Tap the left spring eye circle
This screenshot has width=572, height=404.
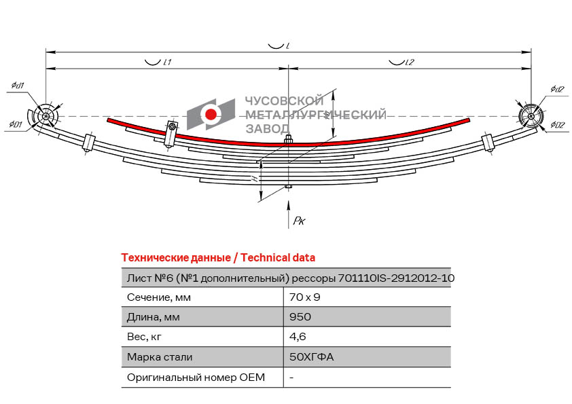46,117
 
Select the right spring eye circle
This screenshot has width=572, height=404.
529,117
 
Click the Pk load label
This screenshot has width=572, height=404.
300,220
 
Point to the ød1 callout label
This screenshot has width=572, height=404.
18,86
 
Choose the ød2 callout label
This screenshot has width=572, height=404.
557,89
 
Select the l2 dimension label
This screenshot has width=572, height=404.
409,62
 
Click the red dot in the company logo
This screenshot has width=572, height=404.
211,114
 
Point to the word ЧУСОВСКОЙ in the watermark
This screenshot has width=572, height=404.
272,100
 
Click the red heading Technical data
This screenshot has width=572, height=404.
278,257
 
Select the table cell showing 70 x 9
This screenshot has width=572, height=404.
305,297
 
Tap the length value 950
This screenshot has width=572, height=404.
300,316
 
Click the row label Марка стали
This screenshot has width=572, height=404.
160,356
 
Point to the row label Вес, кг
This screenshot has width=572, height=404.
145,336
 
